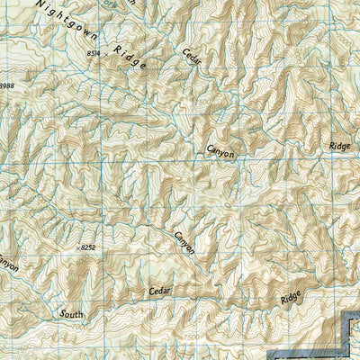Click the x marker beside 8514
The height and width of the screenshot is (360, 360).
click(104, 55)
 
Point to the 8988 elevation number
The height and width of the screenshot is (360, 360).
click(7, 85)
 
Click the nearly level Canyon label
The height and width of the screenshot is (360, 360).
click(220, 151)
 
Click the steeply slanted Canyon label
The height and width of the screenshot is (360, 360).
click(184, 242)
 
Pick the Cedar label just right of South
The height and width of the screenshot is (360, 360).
click(158, 291)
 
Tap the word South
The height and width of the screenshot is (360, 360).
click(71, 314)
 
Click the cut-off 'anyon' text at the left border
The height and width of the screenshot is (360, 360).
click(7, 266)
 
